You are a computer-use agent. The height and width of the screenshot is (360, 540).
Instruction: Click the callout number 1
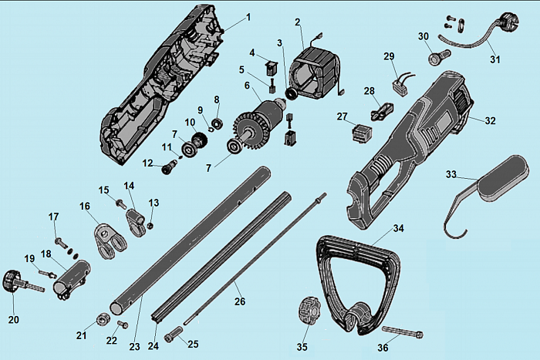(x=248, y=17)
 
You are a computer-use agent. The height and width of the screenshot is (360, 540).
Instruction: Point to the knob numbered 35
(x=309, y=311)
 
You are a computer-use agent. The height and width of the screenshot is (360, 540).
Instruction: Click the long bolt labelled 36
(x=402, y=331)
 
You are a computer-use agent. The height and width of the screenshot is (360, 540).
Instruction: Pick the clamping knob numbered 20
(x=12, y=281)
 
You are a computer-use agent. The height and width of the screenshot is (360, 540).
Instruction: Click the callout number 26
(x=240, y=301)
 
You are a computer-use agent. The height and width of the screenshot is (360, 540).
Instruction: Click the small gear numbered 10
(x=200, y=140)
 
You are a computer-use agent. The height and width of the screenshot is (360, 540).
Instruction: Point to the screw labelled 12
(x=169, y=168)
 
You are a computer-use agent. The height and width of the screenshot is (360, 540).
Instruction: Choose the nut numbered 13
(x=150, y=226)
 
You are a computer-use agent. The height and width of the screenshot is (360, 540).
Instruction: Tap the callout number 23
(x=135, y=346)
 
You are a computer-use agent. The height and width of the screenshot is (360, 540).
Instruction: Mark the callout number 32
(x=490, y=121)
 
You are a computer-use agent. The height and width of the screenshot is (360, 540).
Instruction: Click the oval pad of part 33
(x=501, y=177)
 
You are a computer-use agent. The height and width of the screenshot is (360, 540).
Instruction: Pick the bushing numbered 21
(x=103, y=320)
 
